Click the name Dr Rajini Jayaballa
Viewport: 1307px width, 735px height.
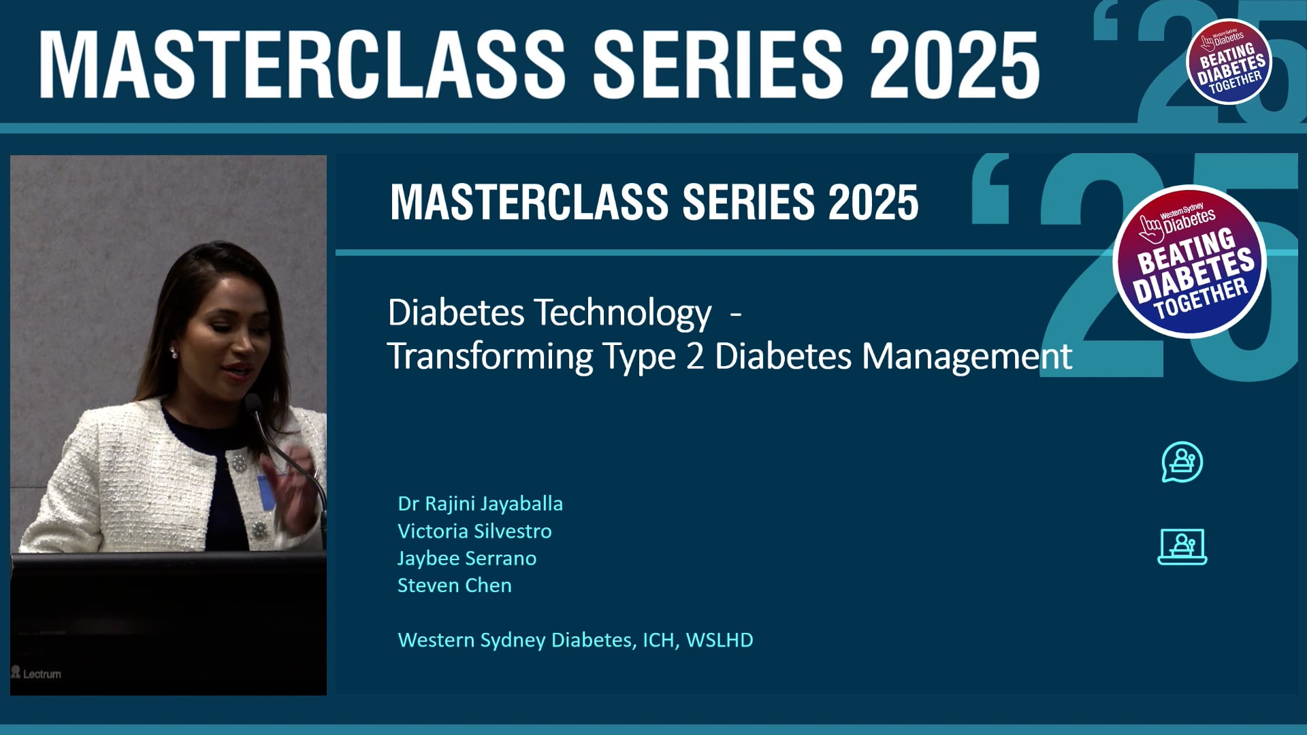pyautogui.click(x=480, y=504)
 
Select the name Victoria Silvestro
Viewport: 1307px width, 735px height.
pyautogui.click(x=474, y=531)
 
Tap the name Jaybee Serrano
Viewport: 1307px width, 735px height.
pyautogui.click(x=467, y=558)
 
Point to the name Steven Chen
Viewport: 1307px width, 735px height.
pyautogui.click(x=454, y=585)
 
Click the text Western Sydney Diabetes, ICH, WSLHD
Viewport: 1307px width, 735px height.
pyautogui.click(x=575, y=640)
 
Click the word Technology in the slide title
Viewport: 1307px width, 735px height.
pyautogui.click(x=623, y=313)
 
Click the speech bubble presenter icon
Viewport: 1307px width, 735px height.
pyautogui.click(x=1182, y=462)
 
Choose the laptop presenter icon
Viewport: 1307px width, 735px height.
pyautogui.click(x=1182, y=546)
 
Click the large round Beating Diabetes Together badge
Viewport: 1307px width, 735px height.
pyautogui.click(x=1189, y=261)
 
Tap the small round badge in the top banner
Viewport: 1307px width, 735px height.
pyautogui.click(x=1229, y=61)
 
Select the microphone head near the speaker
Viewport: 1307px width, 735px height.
pyautogui.click(x=253, y=404)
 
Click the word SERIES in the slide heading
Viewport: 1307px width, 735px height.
pyautogui.click(x=748, y=202)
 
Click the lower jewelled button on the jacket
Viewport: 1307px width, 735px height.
pyautogui.click(x=259, y=529)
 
